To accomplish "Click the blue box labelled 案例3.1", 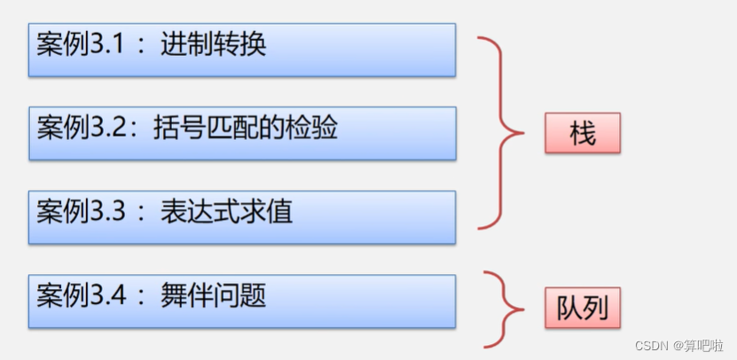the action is coord(242,51).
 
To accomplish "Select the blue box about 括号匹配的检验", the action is coord(242,133).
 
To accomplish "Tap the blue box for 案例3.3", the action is coord(242,216).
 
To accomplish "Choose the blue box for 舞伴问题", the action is coord(242,300).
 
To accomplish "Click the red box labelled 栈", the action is coord(582,135).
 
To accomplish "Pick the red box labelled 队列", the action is coord(582,308).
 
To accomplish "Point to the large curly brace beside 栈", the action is coord(501,133).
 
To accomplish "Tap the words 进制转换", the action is coord(214,43).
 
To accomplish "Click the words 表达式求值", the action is coord(226,211).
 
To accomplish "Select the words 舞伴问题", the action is coord(214,293).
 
